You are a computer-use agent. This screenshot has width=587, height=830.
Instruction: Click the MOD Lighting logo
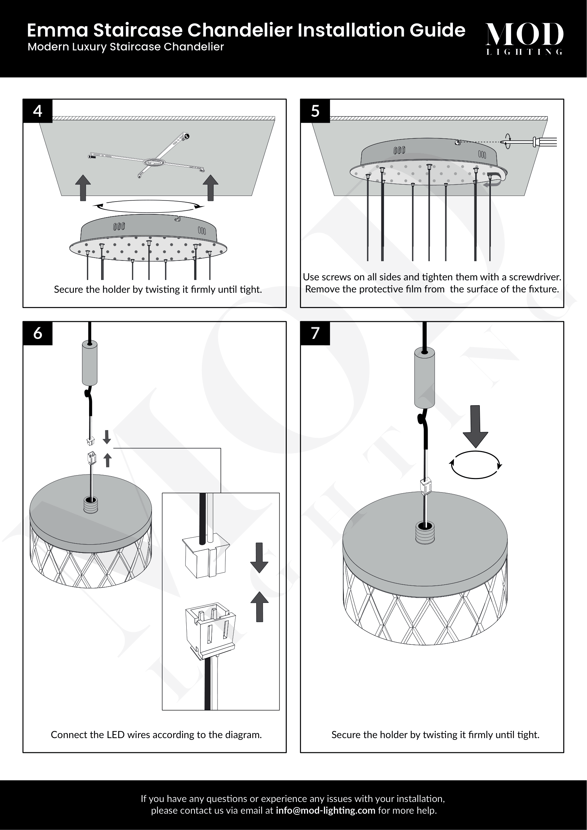coord(524,38)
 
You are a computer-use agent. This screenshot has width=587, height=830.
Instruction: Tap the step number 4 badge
coord(38,111)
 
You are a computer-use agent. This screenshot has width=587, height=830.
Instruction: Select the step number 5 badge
coord(315,111)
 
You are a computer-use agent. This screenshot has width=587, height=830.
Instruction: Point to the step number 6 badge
coord(38,333)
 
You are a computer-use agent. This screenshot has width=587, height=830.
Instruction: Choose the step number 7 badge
coord(315,333)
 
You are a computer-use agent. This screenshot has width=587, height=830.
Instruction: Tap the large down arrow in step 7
coord(476,427)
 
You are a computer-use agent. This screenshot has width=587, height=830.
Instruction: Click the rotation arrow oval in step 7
coord(476,465)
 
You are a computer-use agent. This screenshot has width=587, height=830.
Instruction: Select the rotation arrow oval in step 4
coord(149,207)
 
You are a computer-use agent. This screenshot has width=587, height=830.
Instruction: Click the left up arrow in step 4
coord(83,188)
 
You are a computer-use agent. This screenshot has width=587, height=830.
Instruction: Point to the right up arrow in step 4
coord(210,188)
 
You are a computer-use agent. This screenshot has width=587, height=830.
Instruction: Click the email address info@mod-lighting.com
coord(325,810)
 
